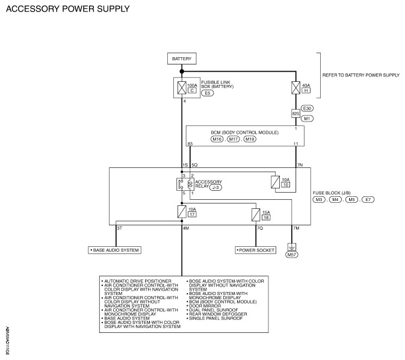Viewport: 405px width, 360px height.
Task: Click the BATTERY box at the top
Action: (182, 58)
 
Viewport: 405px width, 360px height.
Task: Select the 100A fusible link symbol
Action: (182, 88)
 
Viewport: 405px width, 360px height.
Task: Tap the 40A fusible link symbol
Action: (295, 88)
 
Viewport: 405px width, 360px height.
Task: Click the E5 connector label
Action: (208, 93)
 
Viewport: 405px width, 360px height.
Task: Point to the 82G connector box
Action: (295, 113)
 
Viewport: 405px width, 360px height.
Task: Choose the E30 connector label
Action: (307, 108)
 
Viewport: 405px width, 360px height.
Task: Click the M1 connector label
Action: (307, 119)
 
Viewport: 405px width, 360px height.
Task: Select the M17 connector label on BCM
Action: (233, 139)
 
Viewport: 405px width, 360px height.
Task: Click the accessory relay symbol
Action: (185, 184)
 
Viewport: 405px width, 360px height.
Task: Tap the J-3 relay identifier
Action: (215, 188)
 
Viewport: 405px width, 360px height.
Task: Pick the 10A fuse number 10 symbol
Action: (276, 182)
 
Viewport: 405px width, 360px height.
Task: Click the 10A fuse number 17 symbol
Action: (182, 212)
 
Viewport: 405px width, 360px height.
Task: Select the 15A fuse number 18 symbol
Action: (256, 215)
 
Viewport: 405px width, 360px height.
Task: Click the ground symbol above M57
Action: (292, 247)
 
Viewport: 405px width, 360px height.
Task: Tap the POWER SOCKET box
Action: (256, 250)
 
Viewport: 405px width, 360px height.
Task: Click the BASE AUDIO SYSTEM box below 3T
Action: (115, 250)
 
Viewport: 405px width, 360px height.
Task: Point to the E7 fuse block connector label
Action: (368, 199)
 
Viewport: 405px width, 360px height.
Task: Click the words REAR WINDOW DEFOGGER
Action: (218, 314)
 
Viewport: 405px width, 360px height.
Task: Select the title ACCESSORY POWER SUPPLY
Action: (67, 9)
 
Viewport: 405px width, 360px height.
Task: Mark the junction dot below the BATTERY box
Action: (182, 71)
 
